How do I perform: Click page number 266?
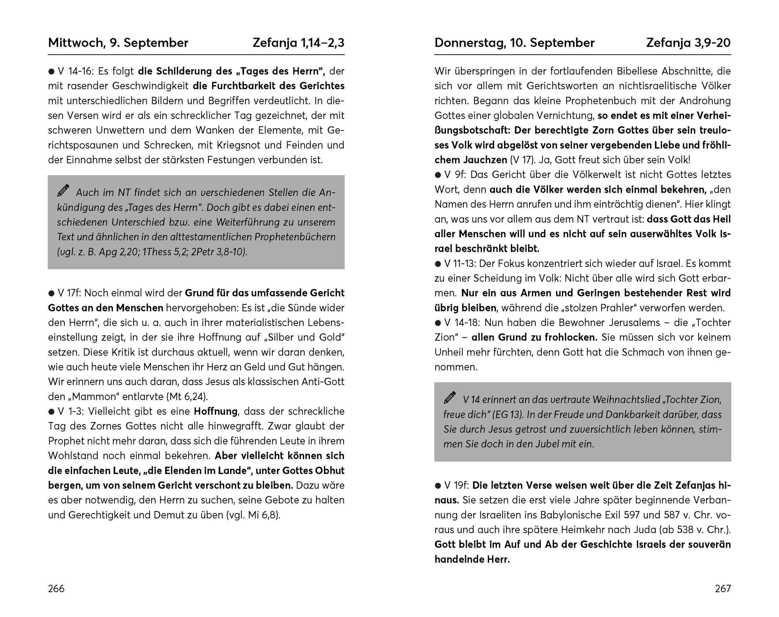click(x=56, y=589)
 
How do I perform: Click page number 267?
click(x=723, y=589)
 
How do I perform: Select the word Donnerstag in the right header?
click(x=469, y=43)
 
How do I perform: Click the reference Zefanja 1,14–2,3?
click(x=298, y=43)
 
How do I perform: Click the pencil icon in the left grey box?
click(x=63, y=190)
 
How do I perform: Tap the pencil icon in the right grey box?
click(x=450, y=397)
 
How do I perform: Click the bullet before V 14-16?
click(x=51, y=71)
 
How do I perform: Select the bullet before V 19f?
click(x=438, y=486)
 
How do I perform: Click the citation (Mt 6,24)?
click(x=187, y=397)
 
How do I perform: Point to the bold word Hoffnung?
click(x=216, y=412)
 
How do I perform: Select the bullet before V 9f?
click(x=438, y=175)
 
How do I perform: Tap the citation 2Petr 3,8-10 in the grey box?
click(x=218, y=252)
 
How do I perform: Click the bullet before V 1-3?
click(x=51, y=412)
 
